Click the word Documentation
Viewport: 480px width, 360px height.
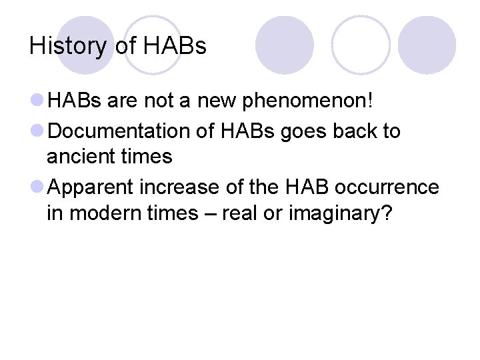coord(121,131)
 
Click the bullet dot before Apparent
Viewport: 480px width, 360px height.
coord(38,187)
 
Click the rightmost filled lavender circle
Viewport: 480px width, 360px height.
coord(427,45)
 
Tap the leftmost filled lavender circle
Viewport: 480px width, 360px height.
coord(85,45)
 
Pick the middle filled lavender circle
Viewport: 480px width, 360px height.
coord(285,45)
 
